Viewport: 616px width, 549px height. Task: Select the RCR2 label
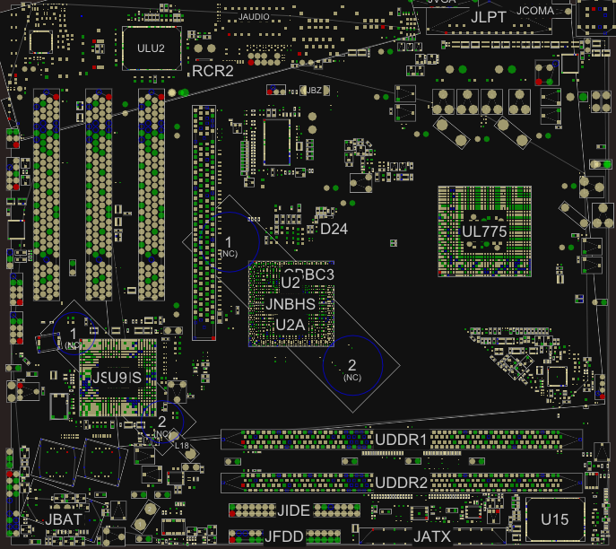click(x=213, y=70)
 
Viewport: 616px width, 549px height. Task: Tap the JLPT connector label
click(x=490, y=17)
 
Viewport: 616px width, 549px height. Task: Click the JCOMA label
click(x=536, y=10)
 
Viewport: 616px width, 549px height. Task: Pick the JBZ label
click(x=314, y=91)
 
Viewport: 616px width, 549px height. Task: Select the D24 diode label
click(x=334, y=229)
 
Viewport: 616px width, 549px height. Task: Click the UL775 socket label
click(x=484, y=231)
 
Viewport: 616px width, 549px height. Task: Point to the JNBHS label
click(x=291, y=304)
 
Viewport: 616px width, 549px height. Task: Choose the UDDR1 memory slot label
click(x=400, y=440)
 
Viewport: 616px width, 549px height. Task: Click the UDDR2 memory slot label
click(x=400, y=483)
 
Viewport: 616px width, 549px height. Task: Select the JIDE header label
click(x=293, y=511)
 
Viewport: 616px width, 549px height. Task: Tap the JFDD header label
click(x=284, y=536)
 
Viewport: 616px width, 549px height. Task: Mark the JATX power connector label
click(x=432, y=536)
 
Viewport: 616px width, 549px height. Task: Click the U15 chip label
click(x=554, y=519)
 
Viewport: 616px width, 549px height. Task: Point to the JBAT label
click(x=65, y=519)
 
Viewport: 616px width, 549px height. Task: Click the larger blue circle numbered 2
click(x=352, y=367)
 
